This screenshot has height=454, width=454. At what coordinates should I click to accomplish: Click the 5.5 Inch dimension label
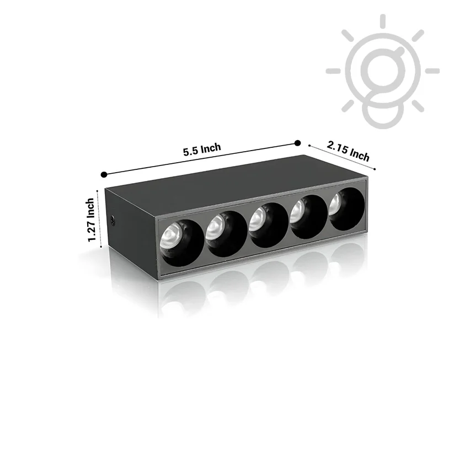click(202, 149)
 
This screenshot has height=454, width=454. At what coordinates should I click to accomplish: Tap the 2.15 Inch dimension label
click(348, 151)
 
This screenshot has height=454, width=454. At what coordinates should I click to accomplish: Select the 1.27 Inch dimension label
click(91, 220)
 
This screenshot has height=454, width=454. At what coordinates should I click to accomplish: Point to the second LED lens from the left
click(216, 228)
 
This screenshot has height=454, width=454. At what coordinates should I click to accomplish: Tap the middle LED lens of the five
click(258, 219)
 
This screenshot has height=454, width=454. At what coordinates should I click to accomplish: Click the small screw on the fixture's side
click(113, 221)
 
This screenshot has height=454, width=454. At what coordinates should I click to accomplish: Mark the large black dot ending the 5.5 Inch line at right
click(297, 143)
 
